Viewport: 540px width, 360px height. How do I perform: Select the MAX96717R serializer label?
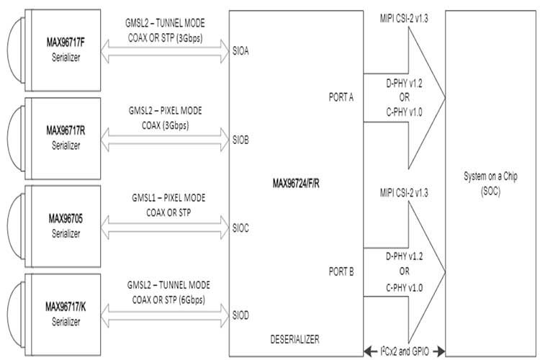[65, 130]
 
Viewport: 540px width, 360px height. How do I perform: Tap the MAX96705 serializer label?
[65, 217]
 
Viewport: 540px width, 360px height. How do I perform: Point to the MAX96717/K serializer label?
[65, 306]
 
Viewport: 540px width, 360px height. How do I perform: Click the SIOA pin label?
[241, 52]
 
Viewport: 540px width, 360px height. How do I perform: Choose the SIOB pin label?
[241, 140]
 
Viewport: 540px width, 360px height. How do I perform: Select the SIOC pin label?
[241, 228]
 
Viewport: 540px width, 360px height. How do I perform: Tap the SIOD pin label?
[241, 315]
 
